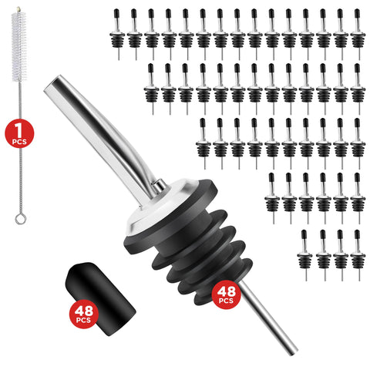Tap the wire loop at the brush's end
(21, 219)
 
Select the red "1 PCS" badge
(19, 133)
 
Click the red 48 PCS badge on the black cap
(84, 314)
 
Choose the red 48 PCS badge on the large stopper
(226, 294)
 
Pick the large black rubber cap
(101, 299)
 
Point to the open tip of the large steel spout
(52, 83)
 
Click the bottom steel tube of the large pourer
(269, 318)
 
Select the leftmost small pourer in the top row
(117, 35)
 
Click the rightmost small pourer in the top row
(358, 35)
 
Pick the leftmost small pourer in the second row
(152, 89)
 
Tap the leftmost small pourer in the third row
(203, 143)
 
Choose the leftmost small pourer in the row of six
(272, 198)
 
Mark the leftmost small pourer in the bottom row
(304, 255)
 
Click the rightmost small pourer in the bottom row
(358, 255)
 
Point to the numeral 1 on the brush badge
(18, 130)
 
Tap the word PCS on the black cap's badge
(83, 320)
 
